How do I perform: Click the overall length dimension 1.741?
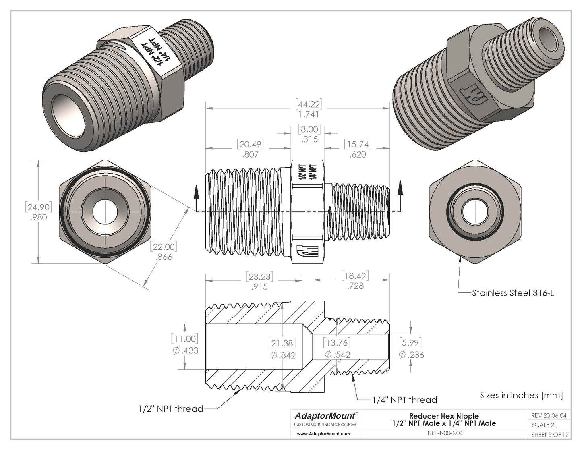[x=309, y=114]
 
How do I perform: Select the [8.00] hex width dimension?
[x=309, y=130]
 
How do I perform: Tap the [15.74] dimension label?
[x=357, y=144]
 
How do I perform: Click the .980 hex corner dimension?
[x=38, y=218]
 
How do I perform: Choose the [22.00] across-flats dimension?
[x=164, y=247]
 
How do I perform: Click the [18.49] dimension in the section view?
[x=354, y=276]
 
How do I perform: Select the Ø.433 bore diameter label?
[x=185, y=350]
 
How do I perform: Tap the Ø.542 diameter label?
[x=337, y=355]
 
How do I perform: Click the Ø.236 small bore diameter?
[x=411, y=355]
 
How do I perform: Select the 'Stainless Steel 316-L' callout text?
[x=513, y=293]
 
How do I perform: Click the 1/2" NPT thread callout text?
[x=170, y=409]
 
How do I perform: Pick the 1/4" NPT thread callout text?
[x=404, y=400]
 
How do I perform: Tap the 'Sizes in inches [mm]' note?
[x=521, y=395]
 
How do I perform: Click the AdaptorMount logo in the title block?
[x=325, y=415]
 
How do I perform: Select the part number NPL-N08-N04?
[x=444, y=434]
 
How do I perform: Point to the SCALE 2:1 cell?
[x=544, y=425]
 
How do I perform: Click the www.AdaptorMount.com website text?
[x=324, y=434]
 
